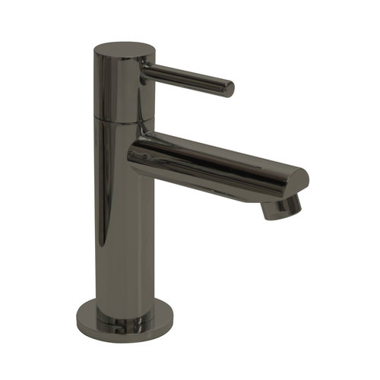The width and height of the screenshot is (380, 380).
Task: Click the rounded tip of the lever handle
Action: (227, 87)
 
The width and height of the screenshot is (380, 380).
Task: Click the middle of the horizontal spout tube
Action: (213, 160)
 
